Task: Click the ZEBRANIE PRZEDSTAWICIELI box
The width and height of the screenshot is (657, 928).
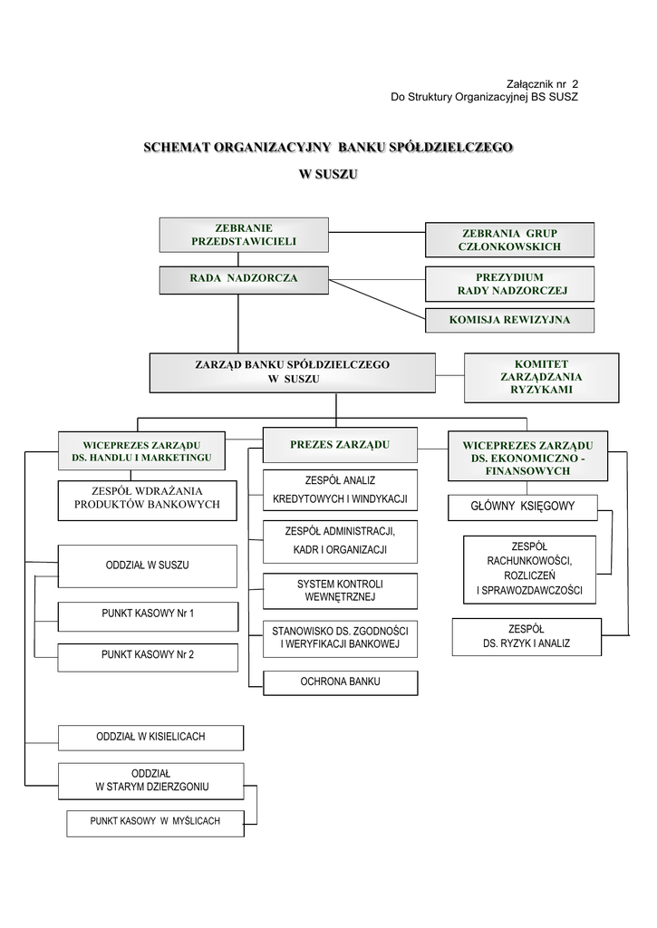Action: (x=243, y=235)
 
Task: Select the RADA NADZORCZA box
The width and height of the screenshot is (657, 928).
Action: (x=243, y=278)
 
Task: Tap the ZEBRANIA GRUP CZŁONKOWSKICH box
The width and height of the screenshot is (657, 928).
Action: (x=509, y=240)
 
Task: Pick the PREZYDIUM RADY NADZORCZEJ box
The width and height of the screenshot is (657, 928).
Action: (x=510, y=284)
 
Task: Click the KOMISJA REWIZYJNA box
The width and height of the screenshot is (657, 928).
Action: (x=510, y=320)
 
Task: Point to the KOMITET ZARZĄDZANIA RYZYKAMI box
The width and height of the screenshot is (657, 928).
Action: (x=529, y=377)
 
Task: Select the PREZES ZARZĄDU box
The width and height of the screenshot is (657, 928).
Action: (x=340, y=445)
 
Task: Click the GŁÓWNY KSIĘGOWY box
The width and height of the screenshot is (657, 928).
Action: (x=523, y=507)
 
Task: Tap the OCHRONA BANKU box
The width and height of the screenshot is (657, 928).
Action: (x=340, y=681)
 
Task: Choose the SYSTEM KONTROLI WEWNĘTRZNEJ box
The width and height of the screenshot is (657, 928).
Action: (x=340, y=591)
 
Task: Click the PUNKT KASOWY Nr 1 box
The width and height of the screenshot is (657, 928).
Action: (x=148, y=614)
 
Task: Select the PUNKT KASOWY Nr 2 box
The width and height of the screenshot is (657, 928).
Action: (x=148, y=654)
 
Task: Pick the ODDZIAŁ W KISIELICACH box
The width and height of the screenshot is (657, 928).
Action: (x=150, y=737)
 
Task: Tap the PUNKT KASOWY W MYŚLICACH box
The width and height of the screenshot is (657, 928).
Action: (x=154, y=822)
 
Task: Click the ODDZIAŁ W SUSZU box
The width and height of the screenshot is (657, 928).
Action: (x=148, y=565)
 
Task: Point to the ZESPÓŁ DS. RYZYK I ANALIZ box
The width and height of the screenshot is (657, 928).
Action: (x=527, y=636)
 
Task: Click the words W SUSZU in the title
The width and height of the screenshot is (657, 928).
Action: (x=328, y=172)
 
